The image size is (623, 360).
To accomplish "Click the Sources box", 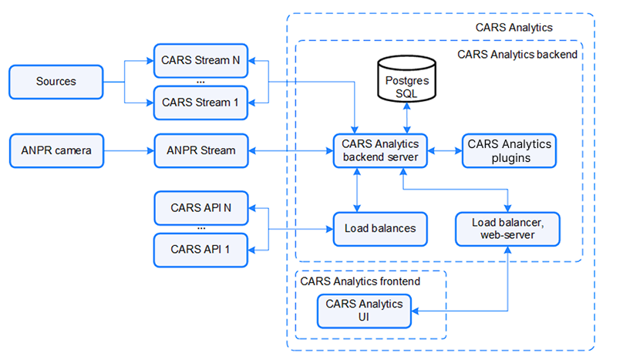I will [x=56, y=82].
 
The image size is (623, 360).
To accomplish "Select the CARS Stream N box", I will [x=200, y=60].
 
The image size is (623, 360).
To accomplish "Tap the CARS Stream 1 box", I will [x=200, y=103].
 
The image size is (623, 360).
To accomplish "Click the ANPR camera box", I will [x=56, y=150].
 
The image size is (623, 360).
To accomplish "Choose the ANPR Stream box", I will [x=200, y=150].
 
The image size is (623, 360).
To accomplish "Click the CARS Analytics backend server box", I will [x=379, y=150].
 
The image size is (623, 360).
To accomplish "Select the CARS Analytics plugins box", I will [x=510, y=150].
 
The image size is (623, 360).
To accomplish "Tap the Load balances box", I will [x=379, y=228].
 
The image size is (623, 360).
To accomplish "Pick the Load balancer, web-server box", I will [x=507, y=228].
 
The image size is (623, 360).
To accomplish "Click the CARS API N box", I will [x=200, y=207].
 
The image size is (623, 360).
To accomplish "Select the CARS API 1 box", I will [x=200, y=249].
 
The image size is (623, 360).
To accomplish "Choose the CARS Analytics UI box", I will [x=364, y=311].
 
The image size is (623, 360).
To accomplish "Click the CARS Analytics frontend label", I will [x=360, y=281].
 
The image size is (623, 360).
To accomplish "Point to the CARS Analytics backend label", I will [x=517, y=55].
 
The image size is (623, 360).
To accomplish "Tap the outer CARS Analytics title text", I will [x=514, y=28].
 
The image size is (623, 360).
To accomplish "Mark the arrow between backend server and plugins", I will [x=444, y=150].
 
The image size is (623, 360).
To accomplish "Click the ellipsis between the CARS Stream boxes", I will [x=200, y=81].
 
